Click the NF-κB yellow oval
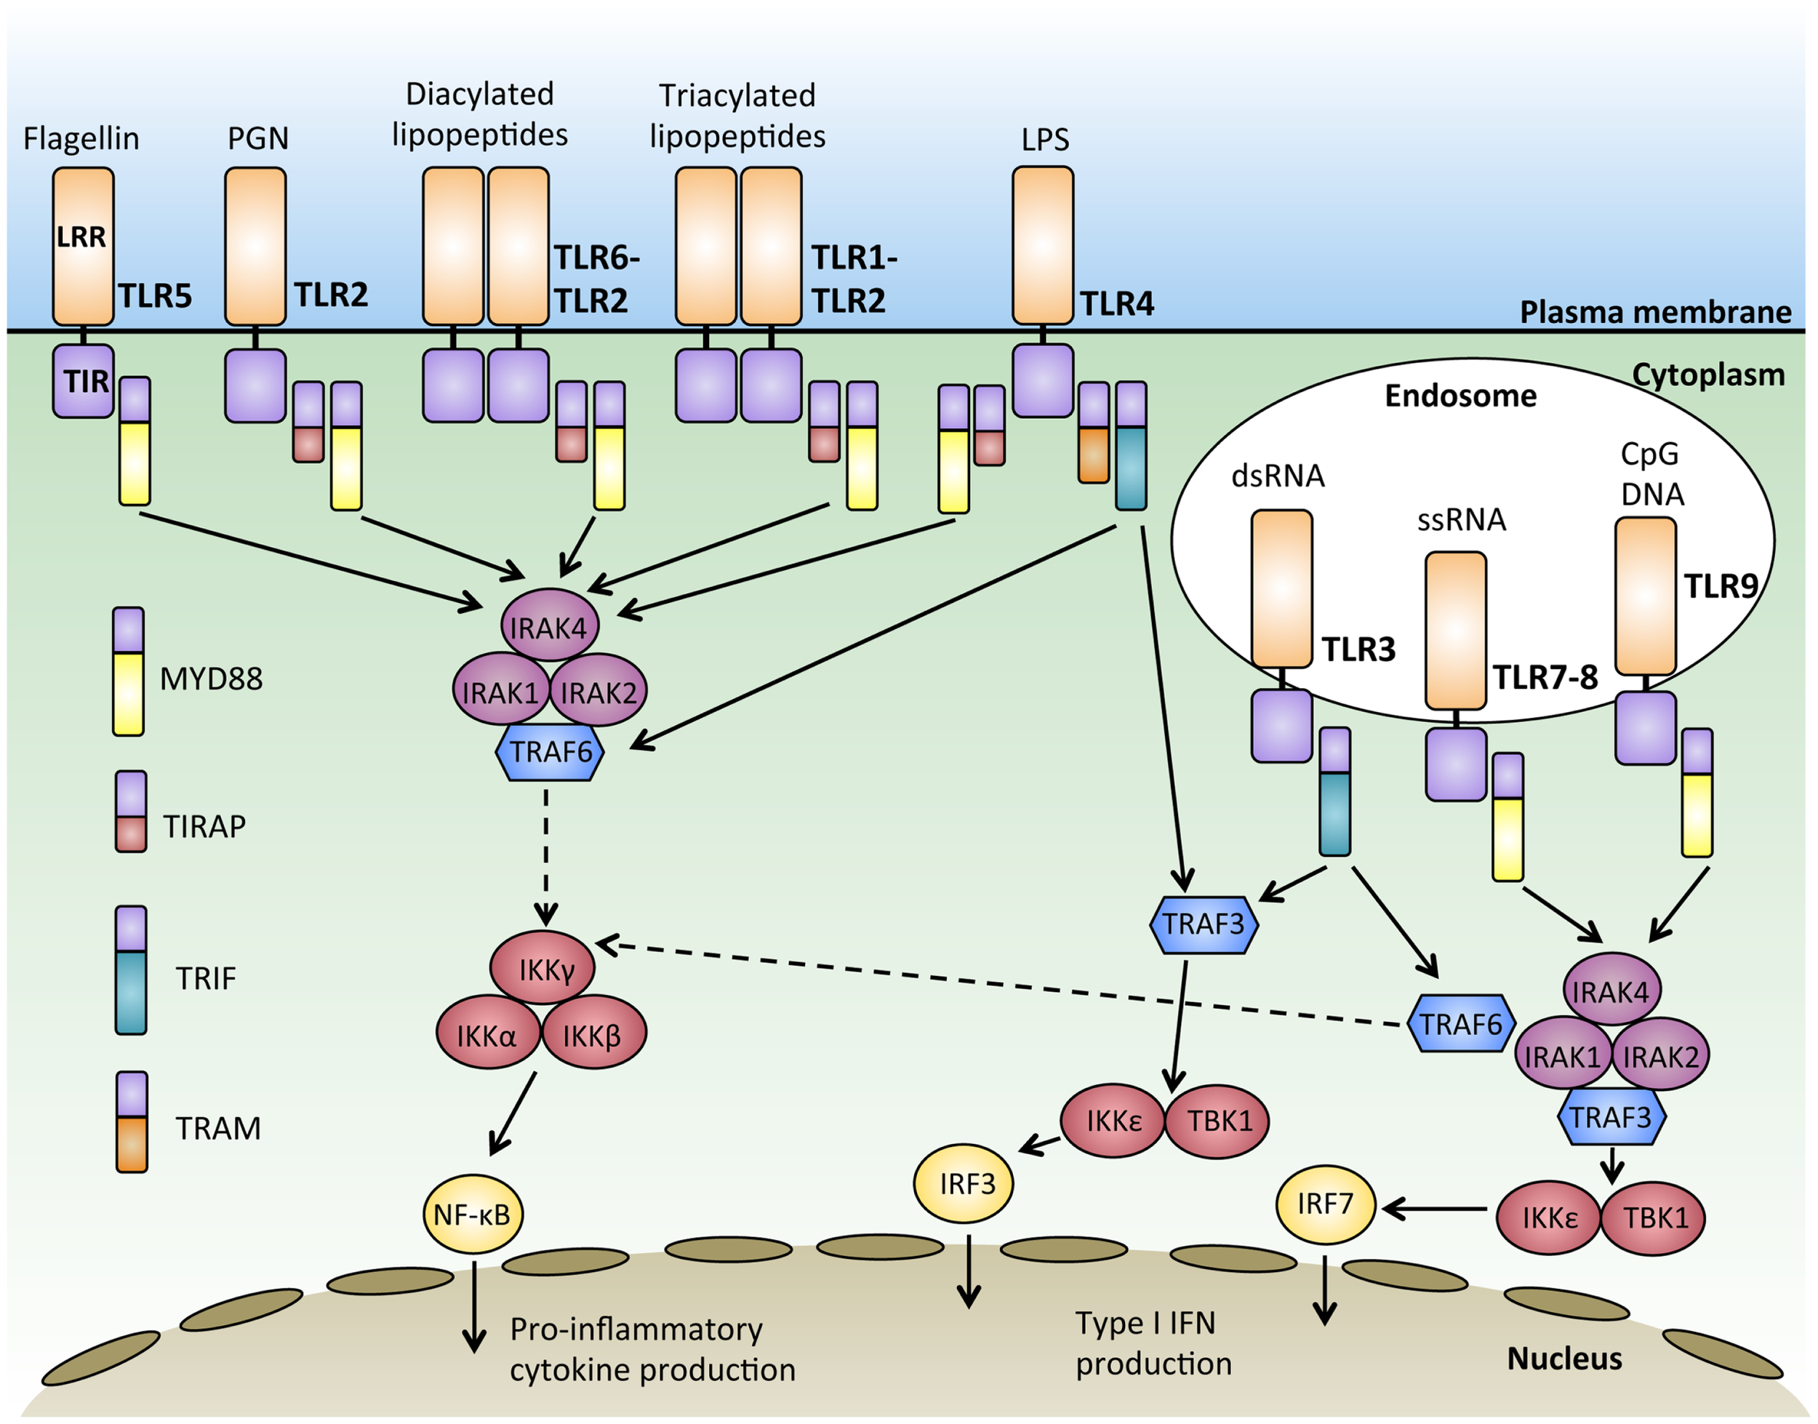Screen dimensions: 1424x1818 [473, 1214]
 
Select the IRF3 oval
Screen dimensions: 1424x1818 [964, 1183]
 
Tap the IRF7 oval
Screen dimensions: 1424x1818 [1326, 1204]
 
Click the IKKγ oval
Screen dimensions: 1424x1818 [543, 969]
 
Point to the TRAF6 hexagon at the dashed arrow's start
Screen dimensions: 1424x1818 [1460, 1024]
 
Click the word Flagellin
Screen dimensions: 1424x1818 [81, 138]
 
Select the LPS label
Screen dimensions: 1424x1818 [1044, 139]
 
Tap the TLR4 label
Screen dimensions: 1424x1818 [1117, 304]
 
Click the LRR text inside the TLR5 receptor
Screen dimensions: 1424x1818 [81, 238]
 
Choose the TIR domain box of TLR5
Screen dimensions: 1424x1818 [84, 381]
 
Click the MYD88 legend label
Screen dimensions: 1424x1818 [211, 679]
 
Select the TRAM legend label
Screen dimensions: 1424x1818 [217, 1128]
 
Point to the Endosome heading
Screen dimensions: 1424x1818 [1460, 395]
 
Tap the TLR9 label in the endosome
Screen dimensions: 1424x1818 [1721, 587]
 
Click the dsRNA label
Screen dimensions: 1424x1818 [1277, 476]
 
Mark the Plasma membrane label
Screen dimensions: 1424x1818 [1654, 312]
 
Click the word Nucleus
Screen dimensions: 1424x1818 [1563, 1359]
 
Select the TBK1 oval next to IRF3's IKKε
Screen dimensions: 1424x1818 [1218, 1121]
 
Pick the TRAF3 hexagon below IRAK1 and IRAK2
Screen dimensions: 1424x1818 [1611, 1117]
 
